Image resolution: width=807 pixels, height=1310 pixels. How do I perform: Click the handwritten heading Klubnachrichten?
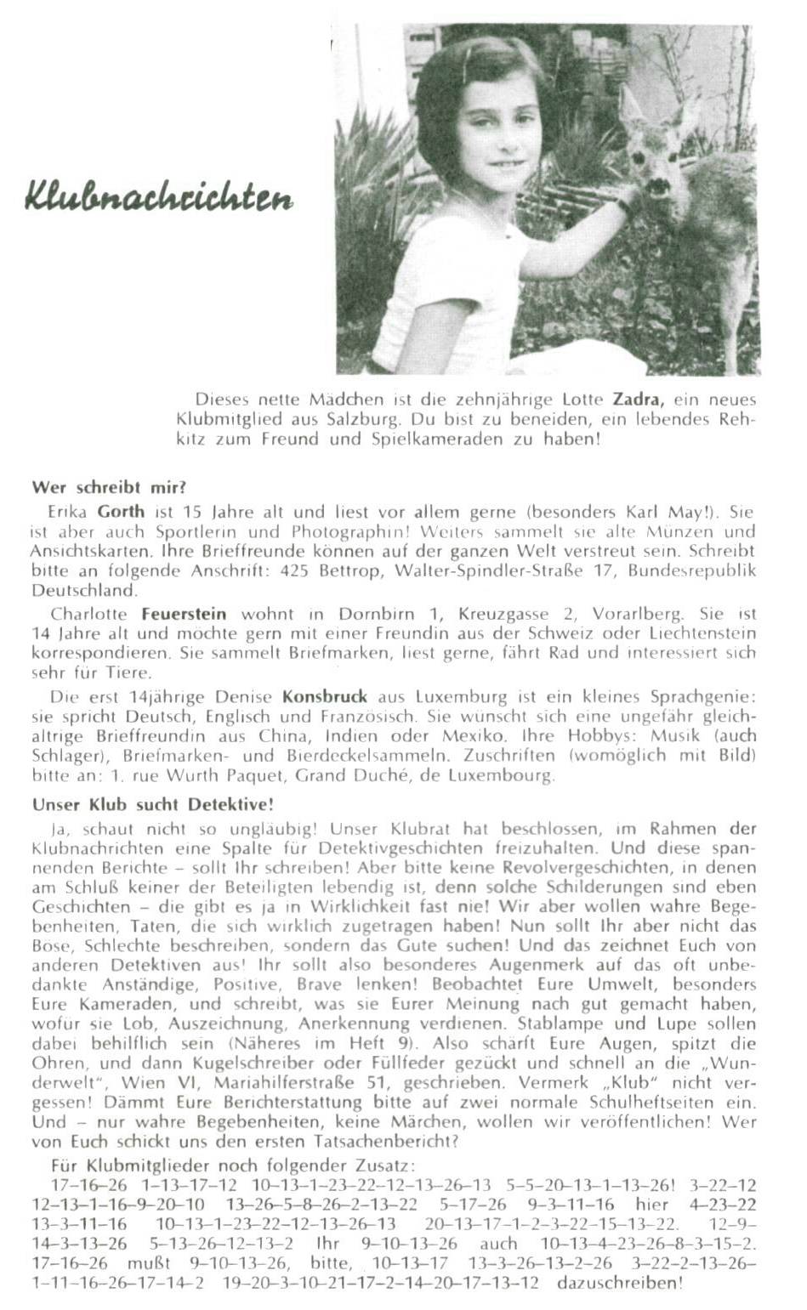click(x=159, y=197)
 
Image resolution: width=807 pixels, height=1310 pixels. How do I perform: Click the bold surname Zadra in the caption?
click(x=638, y=399)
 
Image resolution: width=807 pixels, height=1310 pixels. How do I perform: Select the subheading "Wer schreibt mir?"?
click(x=109, y=488)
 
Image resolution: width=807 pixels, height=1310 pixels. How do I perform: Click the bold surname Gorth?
click(x=122, y=513)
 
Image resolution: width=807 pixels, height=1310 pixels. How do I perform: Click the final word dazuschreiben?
click(x=619, y=1283)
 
